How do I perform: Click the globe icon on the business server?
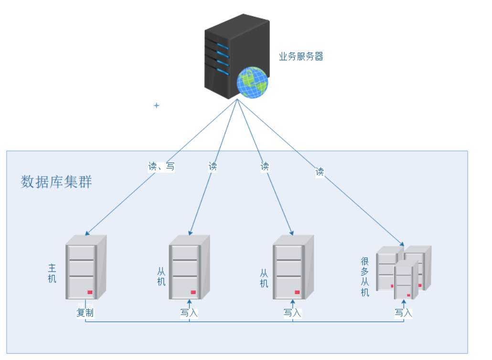(x=252, y=82)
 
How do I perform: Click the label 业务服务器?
(x=301, y=56)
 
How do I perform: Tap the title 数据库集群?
(x=56, y=182)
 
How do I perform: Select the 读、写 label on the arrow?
(x=161, y=166)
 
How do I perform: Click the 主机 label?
(x=52, y=273)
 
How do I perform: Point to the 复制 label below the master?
(x=85, y=313)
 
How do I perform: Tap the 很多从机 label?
(x=365, y=276)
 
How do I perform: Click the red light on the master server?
(x=90, y=292)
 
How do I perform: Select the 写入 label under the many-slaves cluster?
(x=403, y=313)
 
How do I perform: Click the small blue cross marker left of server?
(x=156, y=105)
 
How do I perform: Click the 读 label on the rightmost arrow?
(x=320, y=172)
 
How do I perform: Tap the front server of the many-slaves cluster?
(x=405, y=280)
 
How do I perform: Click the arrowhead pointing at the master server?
(x=87, y=234)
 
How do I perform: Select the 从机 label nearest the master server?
(x=161, y=276)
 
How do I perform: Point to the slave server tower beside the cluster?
(x=292, y=268)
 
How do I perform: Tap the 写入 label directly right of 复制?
(x=189, y=313)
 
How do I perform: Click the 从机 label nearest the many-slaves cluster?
(x=264, y=278)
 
